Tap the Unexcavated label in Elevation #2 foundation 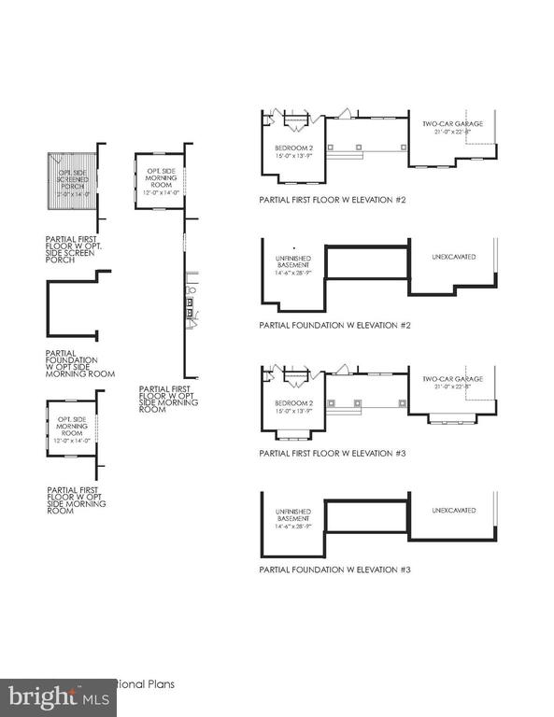454,256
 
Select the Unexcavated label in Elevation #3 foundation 454,511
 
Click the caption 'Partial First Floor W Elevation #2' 333,200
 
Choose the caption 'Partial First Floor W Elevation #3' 333,453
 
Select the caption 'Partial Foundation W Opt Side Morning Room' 79,363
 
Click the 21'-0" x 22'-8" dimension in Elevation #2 453,132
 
